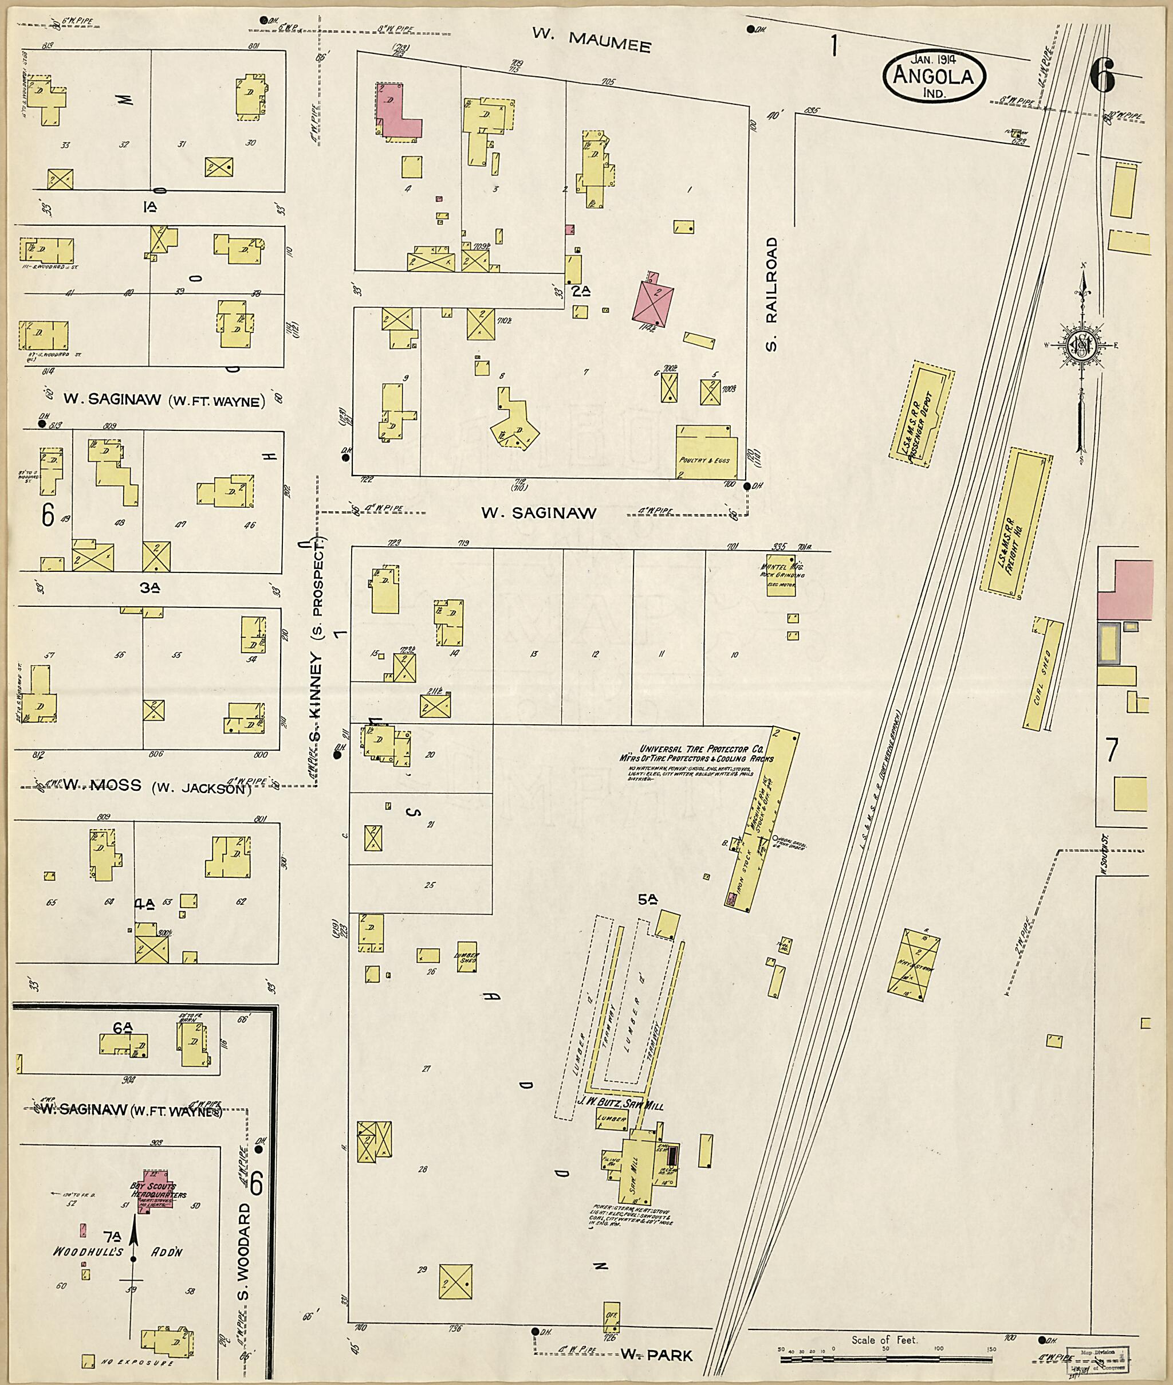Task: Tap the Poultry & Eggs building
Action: click(706, 452)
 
